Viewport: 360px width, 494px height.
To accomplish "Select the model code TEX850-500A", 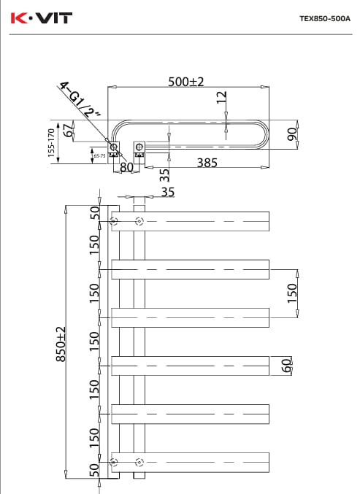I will tap(325, 19).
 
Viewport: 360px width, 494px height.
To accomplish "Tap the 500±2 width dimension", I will tap(186, 82).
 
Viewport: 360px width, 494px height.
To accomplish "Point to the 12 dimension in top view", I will tap(222, 98).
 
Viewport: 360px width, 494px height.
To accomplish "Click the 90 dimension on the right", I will tap(291, 134).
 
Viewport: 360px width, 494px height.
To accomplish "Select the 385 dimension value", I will tap(207, 163).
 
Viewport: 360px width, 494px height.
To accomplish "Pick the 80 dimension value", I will tap(127, 167).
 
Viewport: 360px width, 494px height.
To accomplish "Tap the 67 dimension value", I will tap(69, 131).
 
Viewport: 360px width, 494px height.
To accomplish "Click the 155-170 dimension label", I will tap(51, 142).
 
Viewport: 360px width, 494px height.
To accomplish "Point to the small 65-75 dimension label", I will tap(98, 155).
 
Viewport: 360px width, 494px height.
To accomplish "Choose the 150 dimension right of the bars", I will tap(292, 292).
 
